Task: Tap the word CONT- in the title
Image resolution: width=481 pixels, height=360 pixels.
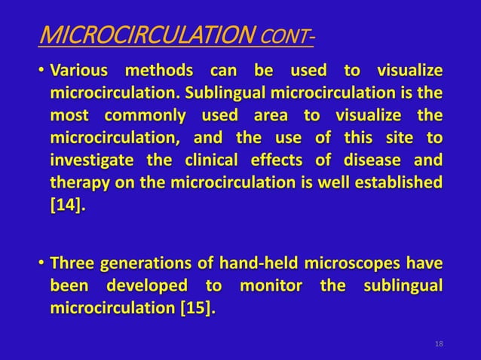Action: coord(288,35)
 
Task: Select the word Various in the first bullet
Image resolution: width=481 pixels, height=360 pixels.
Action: coord(78,72)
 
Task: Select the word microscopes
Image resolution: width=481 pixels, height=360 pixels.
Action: coord(349,265)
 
